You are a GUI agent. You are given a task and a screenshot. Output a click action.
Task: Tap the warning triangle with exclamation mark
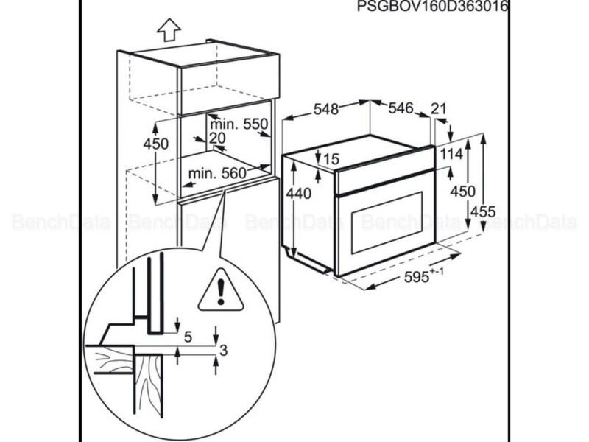tap(220, 290)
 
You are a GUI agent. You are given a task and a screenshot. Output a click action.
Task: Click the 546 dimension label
tap(401, 109)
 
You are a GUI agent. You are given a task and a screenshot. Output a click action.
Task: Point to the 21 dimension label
tap(439, 109)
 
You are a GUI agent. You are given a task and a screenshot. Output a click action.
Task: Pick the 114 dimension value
tap(451, 154)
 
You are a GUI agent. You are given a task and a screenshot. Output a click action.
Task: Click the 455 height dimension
tap(483, 211)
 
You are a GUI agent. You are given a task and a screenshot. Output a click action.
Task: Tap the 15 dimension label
tap(331, 158)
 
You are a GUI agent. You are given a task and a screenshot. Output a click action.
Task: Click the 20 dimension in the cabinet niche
tap(216, 138)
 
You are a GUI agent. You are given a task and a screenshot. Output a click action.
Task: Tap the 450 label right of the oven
tap(462, 191)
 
